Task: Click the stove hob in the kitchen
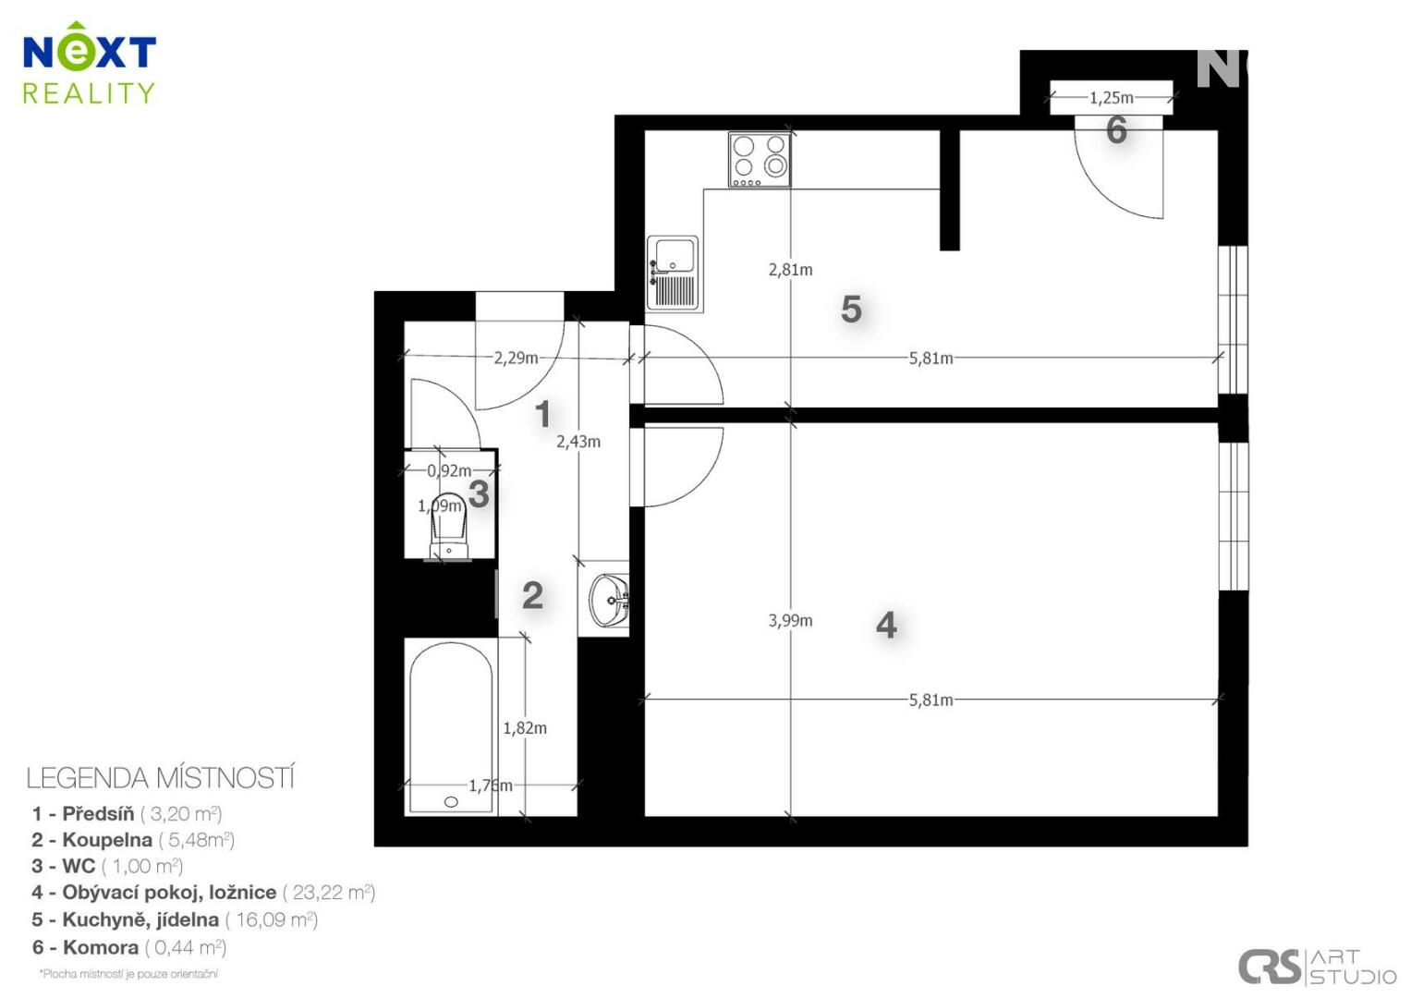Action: click(x=759, y=160)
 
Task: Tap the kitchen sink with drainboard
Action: click(x=673, y=274)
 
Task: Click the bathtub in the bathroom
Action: click(x=451, y=728)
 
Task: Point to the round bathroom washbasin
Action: click(x=610, y=599)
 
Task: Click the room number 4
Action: click(x=885, y=625)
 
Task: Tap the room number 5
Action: click(x=851, y=310)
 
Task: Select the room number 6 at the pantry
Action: click(x=1116, y=130)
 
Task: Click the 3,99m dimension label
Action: click(x=790, y=621)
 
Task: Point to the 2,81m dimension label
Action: click(x=790, y=270)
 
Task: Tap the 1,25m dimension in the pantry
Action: click(x=1112, y=98)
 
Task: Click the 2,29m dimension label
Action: click(x=516, y=358)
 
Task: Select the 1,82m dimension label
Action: click(x=525, y=728)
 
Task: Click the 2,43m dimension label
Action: click(x=578, y=442)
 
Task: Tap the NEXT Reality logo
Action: click(x=89, y=63)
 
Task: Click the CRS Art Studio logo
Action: click(x=1317, y=968)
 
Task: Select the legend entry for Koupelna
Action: click(x=133, y=840)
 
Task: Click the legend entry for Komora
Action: click(x=129, y=947)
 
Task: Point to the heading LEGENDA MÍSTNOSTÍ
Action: click(x=160, y=779)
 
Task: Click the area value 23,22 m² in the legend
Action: click(x=328, y=892)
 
